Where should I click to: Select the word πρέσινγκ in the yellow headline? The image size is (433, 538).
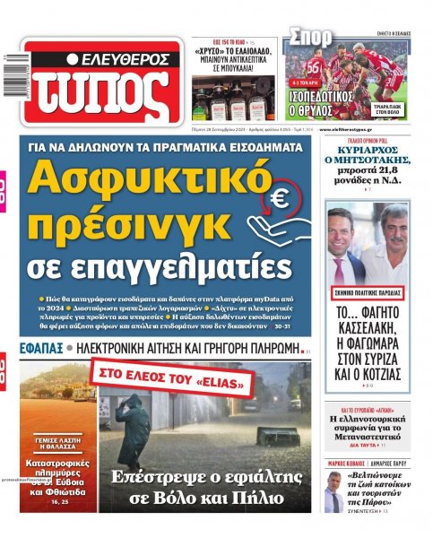[x=123, y=224]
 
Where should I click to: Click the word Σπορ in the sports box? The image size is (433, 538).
[x=310, y=38]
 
